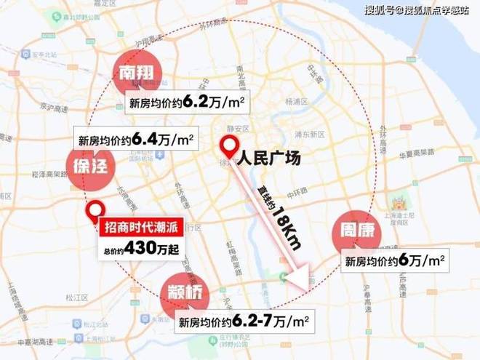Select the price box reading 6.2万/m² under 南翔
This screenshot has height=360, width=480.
point(187,102)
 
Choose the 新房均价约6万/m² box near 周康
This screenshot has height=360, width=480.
point(394,260)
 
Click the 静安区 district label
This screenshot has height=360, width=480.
point(238,127)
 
